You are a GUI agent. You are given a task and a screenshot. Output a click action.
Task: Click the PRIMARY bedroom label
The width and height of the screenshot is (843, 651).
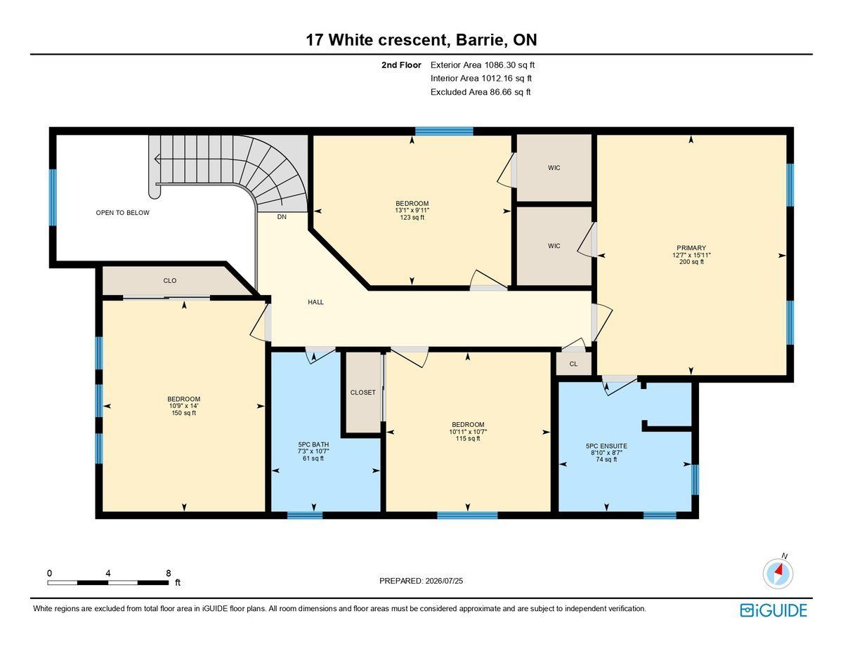(691, 248)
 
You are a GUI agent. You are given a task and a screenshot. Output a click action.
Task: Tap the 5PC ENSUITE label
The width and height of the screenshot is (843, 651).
(606, 446)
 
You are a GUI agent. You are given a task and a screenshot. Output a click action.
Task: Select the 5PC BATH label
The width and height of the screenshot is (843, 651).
(313, 445)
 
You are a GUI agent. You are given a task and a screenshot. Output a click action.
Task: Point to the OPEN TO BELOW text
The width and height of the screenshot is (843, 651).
(123, 213)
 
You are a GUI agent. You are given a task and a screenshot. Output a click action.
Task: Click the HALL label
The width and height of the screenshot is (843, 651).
(316, 302)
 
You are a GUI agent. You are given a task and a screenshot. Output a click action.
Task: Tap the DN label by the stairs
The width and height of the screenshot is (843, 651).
(282, 217)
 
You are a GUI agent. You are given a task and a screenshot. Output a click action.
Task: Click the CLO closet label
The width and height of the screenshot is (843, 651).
(170, 280)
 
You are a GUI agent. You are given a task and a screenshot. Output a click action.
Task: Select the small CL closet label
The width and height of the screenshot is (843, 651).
(573, 364)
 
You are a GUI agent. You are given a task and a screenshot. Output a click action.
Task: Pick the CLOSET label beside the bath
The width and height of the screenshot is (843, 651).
(362, 393)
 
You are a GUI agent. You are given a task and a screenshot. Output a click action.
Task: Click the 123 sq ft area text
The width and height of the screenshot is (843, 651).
(412, 218)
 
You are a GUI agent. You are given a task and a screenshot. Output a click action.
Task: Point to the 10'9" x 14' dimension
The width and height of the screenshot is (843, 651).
(184, 406)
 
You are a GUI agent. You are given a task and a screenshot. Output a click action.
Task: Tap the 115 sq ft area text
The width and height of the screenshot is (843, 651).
(468, 438)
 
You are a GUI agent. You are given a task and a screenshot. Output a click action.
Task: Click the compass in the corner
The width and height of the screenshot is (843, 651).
(778, 574)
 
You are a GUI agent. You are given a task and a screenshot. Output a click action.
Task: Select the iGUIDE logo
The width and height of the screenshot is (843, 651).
(773, 610)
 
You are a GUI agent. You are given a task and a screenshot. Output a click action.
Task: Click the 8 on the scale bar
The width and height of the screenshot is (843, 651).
(169, 573)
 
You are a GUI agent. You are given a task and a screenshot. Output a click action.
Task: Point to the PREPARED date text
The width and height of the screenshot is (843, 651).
(421, 581)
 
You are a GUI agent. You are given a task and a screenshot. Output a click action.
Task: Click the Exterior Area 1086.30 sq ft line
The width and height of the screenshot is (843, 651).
(483, 65)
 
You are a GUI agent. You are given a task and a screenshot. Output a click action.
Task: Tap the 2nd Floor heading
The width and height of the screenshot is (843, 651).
(401, 65)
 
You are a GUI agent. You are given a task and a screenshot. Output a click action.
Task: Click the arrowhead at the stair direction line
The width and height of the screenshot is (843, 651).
(157, 159)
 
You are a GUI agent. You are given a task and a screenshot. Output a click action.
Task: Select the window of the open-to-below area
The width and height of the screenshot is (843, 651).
(53, 197)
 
